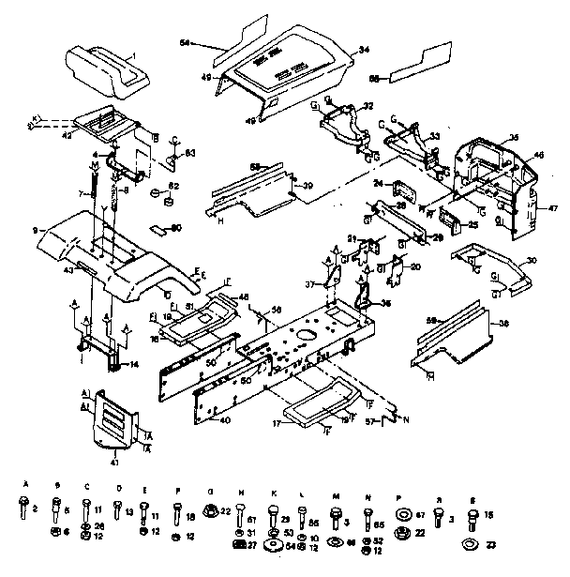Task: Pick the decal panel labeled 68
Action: pos(413,68)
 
